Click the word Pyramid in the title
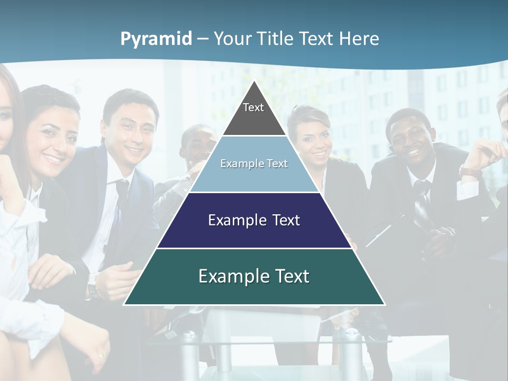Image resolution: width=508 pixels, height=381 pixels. pos(156,39)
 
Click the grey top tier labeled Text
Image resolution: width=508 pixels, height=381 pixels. pos(254,114)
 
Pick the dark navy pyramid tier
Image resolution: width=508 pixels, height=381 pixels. pos(254,220)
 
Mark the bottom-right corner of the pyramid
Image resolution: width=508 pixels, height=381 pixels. pos(384,304)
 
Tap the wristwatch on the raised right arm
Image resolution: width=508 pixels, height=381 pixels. pos(469,172)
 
